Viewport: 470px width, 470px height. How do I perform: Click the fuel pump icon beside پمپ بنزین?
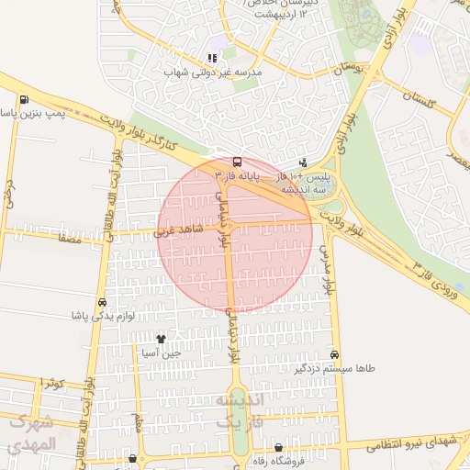23,100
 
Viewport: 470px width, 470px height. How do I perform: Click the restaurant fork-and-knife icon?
212,57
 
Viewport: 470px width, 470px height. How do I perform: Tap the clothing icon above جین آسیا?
162,339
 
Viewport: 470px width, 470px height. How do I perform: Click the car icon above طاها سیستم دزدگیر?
334,354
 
